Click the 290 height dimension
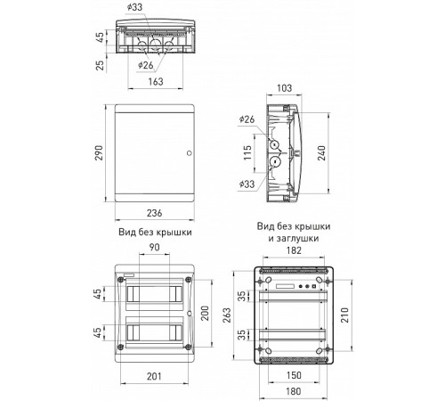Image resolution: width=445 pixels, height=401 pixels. click(x=99, y=153)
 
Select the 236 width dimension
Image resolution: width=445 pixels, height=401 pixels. click(x=155, y=213)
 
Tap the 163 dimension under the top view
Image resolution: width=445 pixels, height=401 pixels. click(x=156, y=82)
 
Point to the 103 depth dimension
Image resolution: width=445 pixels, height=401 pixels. click(x=284, y=88)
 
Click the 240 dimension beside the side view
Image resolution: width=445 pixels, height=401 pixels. click(x=321, y=153)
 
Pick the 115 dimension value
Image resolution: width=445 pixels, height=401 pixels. click(x=247, y=152)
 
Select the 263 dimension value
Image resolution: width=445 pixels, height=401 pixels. click(x=226, y=315)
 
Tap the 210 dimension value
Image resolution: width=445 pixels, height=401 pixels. click(x=344, y=315)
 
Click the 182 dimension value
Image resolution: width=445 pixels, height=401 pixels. click(x=294, y=250)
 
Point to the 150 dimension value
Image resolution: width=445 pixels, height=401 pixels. click(x=294, y=375)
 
